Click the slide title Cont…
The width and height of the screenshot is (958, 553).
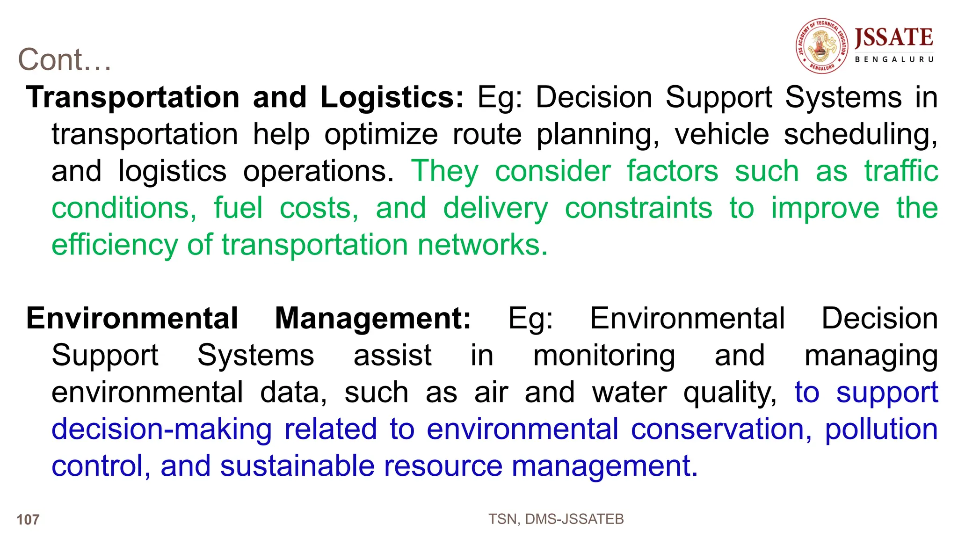point(65,60)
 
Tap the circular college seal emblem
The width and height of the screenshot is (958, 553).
point(822,46)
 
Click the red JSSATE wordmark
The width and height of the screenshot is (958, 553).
point(894,38)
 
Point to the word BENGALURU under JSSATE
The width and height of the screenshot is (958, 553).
point(894,59)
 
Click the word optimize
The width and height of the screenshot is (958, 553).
point(381,134)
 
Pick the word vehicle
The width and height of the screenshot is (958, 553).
point(722,134)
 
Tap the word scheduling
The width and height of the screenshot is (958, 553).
point(860,135)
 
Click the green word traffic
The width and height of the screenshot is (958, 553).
point(901,171)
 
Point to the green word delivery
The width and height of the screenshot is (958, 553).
point(495,209)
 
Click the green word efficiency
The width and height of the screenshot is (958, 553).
point(115,245)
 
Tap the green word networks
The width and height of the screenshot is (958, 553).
point(482,245)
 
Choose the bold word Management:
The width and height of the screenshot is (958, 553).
point(373,319)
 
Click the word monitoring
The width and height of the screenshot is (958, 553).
point(604,356)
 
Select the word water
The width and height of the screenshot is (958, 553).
point(630,392)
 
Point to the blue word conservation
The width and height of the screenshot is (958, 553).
point(721,429)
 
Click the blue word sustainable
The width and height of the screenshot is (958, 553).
point(298,466)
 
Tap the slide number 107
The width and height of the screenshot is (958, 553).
point(28,519)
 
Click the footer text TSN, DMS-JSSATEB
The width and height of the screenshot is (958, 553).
point(556,519)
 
